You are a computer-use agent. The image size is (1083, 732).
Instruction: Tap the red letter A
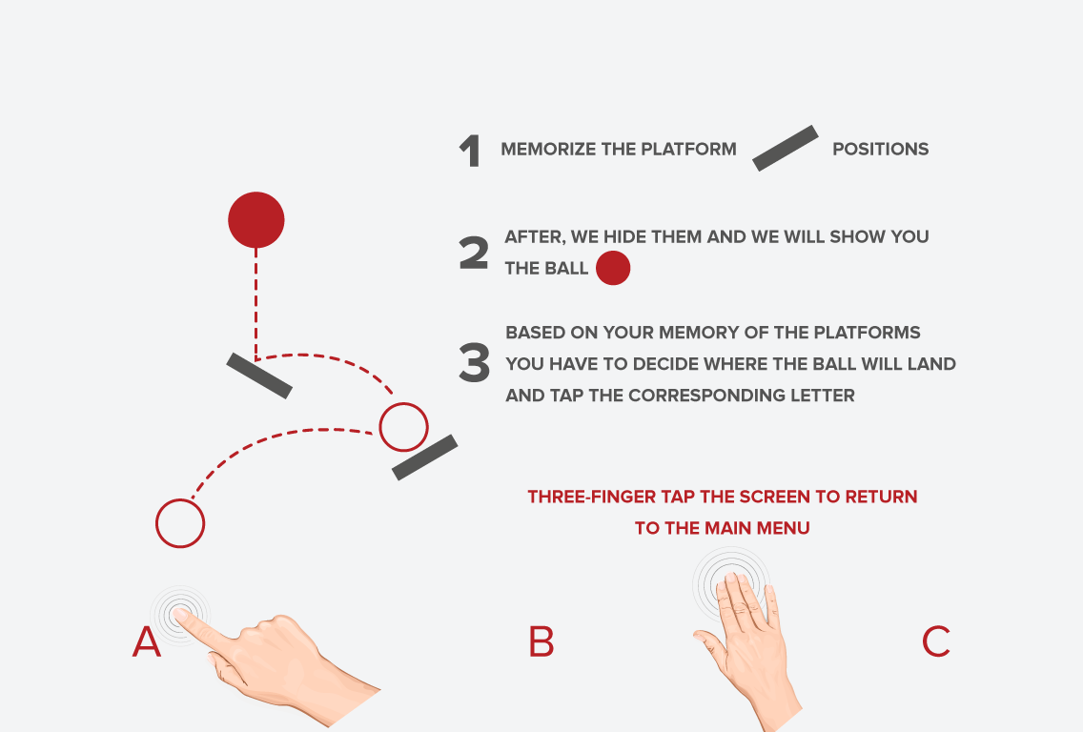pos(147,642)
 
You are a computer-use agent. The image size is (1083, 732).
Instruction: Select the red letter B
pos(541,642)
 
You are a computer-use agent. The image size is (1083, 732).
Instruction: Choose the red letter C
pos(936,641)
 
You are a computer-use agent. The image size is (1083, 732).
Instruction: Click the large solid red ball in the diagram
pos(256,219)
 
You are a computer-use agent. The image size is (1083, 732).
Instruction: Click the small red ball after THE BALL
pos(613,268)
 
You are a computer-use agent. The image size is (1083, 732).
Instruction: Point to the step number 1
pos(470,151)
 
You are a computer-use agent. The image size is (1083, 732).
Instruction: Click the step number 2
pos(474,252)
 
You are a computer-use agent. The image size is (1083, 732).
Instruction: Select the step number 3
pos(475,362)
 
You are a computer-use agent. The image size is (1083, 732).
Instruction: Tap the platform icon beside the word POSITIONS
pos(786,148)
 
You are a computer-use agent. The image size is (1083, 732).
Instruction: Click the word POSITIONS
pos(881,149)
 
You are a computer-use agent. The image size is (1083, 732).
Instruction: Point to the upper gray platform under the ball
pos(259,376)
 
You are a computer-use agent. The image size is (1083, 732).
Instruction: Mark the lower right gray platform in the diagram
pos(425,457)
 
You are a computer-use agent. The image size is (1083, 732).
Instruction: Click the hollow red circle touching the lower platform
pos(404,402)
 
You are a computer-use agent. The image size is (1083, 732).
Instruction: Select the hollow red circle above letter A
pos(180,499)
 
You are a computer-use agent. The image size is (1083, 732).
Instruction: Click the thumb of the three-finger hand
pos(708,643)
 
